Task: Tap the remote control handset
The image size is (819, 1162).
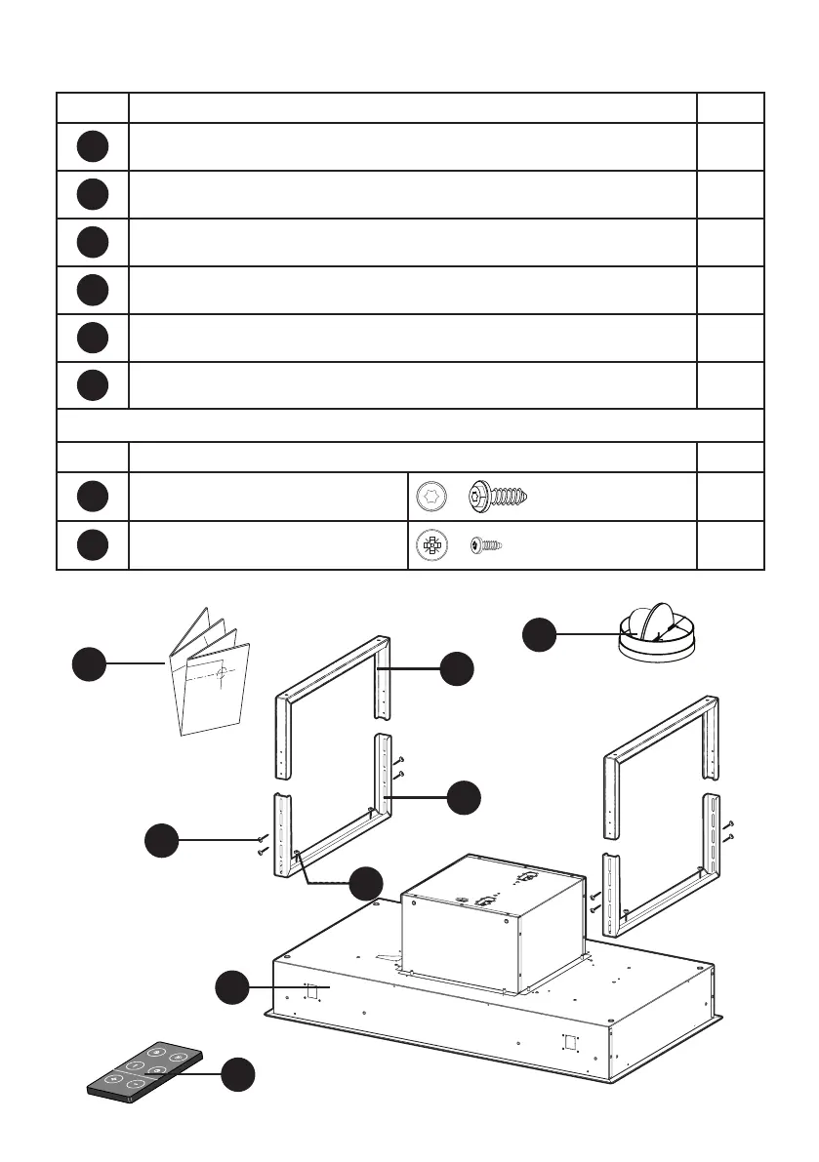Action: coord(144,1075)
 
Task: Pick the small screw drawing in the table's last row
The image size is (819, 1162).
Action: coord(486,545)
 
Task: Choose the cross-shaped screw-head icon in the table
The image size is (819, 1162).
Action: coord(430,545)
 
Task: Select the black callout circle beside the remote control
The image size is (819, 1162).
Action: coord(238,1075)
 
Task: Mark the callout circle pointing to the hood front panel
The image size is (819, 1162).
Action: coord(233,987)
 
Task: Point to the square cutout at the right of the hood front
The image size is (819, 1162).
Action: coord(572,1040)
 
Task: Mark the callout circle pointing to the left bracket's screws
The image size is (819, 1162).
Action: coord(163,840)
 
